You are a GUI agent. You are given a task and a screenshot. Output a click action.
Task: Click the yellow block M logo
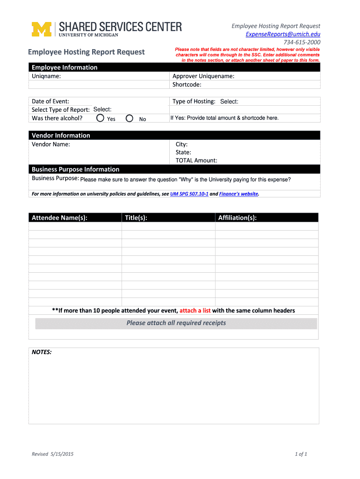click(x=41, y=29)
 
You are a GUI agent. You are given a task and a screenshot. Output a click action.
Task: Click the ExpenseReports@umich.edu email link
click(x=283, y=34)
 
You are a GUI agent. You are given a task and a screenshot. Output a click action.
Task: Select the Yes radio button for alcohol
click(x=101, y=118)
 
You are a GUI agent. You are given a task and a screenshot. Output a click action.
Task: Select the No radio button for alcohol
click(x=130, y=118)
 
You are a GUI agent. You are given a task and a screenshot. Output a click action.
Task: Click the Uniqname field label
click(x=46, y=76)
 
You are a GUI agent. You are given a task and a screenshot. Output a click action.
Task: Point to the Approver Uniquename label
click(x=203, y=76)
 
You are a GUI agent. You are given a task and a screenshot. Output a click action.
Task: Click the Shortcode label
click(x=187, y=85)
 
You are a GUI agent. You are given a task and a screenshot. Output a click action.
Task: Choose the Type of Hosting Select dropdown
click(x=229, y=102)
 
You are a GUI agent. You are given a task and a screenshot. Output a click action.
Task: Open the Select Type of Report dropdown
click(x=102, y=109)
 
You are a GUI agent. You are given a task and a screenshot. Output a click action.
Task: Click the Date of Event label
click(x=50, y=101)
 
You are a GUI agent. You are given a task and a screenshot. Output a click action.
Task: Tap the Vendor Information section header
click(x=61, y=135)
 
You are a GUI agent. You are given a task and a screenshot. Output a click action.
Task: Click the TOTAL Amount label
click(x=196, y=160)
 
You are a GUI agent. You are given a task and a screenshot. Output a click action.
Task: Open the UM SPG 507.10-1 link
click(x=189, y=194)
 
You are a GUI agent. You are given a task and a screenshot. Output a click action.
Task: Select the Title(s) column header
click(x=136, y=218)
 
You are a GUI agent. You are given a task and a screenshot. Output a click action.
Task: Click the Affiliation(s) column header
click(x=237, y=218)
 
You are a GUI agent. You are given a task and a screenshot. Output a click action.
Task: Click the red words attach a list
click(x=195, y=311)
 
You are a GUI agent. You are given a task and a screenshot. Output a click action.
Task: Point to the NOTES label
click(x=42, y=352)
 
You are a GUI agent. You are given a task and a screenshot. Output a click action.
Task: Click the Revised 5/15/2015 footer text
click(x=52, y=454)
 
